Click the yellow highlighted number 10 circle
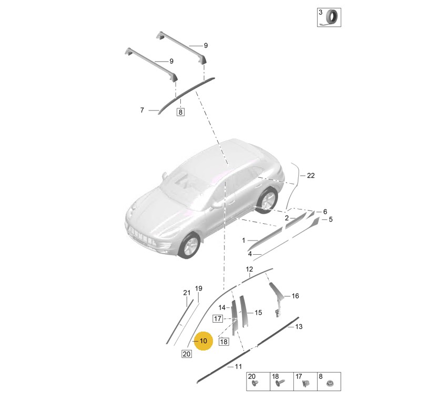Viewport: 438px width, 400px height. [x=203, y=341]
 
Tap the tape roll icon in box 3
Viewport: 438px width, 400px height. [x=332, y=17]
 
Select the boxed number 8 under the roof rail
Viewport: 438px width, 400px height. [x=180, y=112]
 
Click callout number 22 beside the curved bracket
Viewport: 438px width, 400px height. [x=311, y=176]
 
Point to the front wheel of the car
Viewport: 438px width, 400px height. [x=190, y=245]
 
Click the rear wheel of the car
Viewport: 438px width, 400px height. [x=267, y=199]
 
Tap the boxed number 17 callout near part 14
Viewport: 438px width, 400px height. [x=218, y=318]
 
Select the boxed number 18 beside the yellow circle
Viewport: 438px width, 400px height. [x=224, y=342]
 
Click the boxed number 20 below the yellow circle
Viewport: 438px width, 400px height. [x=186, y=354]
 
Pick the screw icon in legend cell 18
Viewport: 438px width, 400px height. [x=280, y=383]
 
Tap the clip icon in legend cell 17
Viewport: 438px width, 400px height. [x=305, y=384]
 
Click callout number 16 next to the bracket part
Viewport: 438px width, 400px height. [x=296, y=296]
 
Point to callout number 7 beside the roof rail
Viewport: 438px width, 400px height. [x=142, y=110]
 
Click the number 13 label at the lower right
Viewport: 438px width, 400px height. [x=299, y=326]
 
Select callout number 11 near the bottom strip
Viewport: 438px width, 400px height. [x=238, y=366]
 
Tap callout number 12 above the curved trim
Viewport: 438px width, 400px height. [x=249, y=269]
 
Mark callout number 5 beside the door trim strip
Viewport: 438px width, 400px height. [x=331, y=219]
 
